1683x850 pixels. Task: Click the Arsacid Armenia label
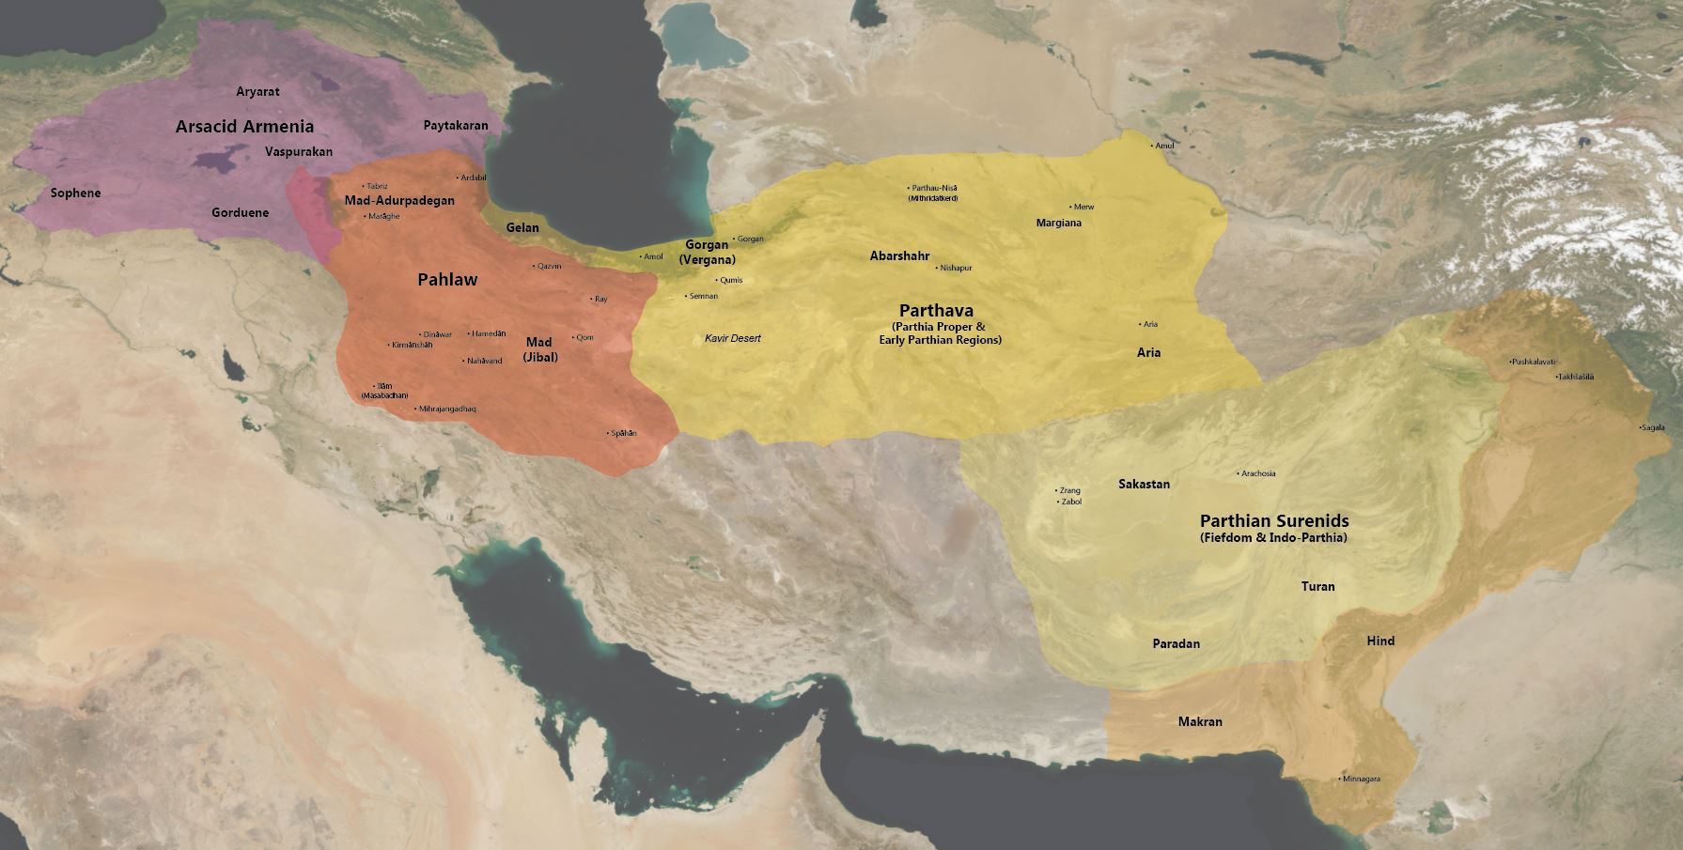click(x=244, y=126)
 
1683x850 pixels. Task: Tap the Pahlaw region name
click(x=447, y=280)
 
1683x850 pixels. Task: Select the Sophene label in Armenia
click(x=75, y=193)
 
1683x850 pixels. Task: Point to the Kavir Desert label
click(x=733, y=338)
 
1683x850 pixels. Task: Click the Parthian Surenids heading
click(x=1273, y=520)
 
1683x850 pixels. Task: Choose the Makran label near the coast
click(x=1200, y=721)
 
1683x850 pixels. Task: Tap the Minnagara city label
click(x=1361, y=780)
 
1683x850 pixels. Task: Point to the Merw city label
click(x=1083, y=207)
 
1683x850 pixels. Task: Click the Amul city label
click(x=1163, y=146)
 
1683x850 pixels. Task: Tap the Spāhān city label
click(x=623, y=433)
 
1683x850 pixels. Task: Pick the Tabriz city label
click(x=376, y=186)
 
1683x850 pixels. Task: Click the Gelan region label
click(x=522, y=227)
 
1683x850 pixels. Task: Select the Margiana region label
click(x=1058, y=223)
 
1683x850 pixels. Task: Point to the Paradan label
click(x=1176, y=643)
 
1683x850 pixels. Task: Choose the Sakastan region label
click(x=1144, y=484)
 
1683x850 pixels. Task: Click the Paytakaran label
click(x=455, y=125)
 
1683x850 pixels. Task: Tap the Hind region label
click(x=1379, y=641)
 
